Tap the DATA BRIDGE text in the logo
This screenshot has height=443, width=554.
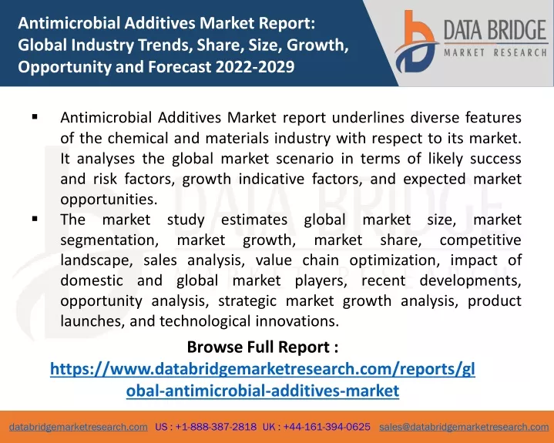pyautogui.click(x=495, y=30)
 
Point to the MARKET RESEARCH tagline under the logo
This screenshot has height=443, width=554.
pyautogui.click(x=495, y=53)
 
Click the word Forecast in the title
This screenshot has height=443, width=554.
pyautogui.click(x=180, y=66)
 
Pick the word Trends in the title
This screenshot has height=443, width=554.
pyautogui.click(x=164, y=45)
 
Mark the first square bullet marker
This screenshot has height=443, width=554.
pyautogui.click(x=35, y=116)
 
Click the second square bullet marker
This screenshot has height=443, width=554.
pyautogui.click(x=35, y=219)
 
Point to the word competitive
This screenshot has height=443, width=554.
pyautogui.click(x=480, y=240)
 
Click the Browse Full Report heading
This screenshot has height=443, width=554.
pyautogui.click(x=263, y=347)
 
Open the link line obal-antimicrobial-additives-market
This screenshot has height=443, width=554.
pyautogui.click(x=263, y=391)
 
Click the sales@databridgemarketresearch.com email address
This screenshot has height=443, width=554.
pyautogui.click(x=464, y=427)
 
